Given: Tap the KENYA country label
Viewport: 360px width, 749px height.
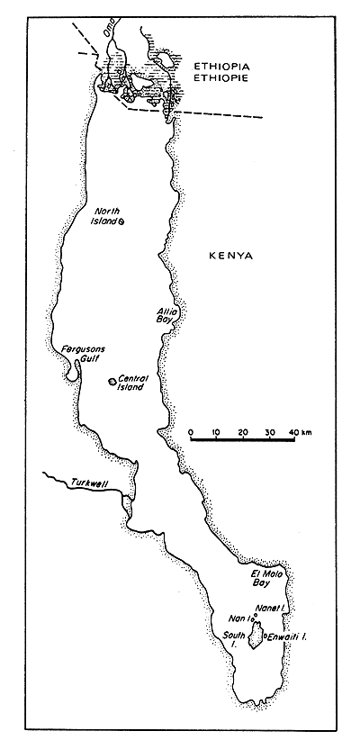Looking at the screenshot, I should tap(230, 256).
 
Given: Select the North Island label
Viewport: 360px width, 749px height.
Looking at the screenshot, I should tap(106, 216).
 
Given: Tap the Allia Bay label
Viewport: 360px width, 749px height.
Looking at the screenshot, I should tap(168, 315).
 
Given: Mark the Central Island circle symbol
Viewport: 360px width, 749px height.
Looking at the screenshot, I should tap(112, 383).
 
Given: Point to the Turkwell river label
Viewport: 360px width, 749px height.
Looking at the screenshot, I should tap(89, 485).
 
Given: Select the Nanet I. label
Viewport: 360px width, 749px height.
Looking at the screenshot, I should tap(270, 609).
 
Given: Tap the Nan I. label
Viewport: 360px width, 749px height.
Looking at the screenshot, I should tap(239, 618).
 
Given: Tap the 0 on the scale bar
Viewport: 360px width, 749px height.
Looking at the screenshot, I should tap(192, 433).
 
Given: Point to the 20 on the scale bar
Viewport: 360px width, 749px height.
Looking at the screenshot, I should tap(243, 433).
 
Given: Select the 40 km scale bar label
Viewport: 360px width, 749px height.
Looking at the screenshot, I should tap(301, 433).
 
